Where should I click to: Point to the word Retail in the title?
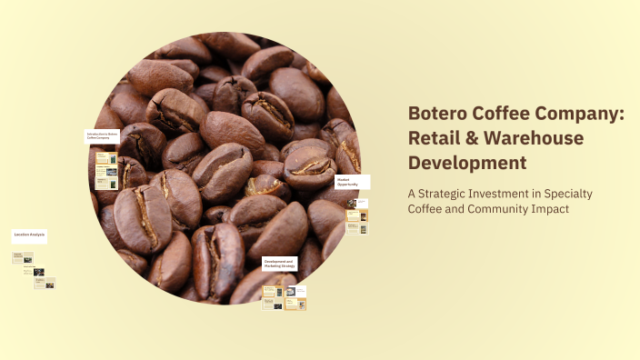click(433, 138)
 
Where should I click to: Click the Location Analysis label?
click(29, 235)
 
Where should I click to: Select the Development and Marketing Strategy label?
click(279, 264)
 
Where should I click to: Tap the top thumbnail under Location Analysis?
click(22, 257)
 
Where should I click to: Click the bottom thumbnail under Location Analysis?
click(45, 283)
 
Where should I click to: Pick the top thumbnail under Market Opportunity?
click(357, 204)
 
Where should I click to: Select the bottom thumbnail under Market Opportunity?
click(357, 229)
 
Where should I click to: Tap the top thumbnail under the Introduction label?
click(106, 157)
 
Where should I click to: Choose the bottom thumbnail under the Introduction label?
click(106, 183)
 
